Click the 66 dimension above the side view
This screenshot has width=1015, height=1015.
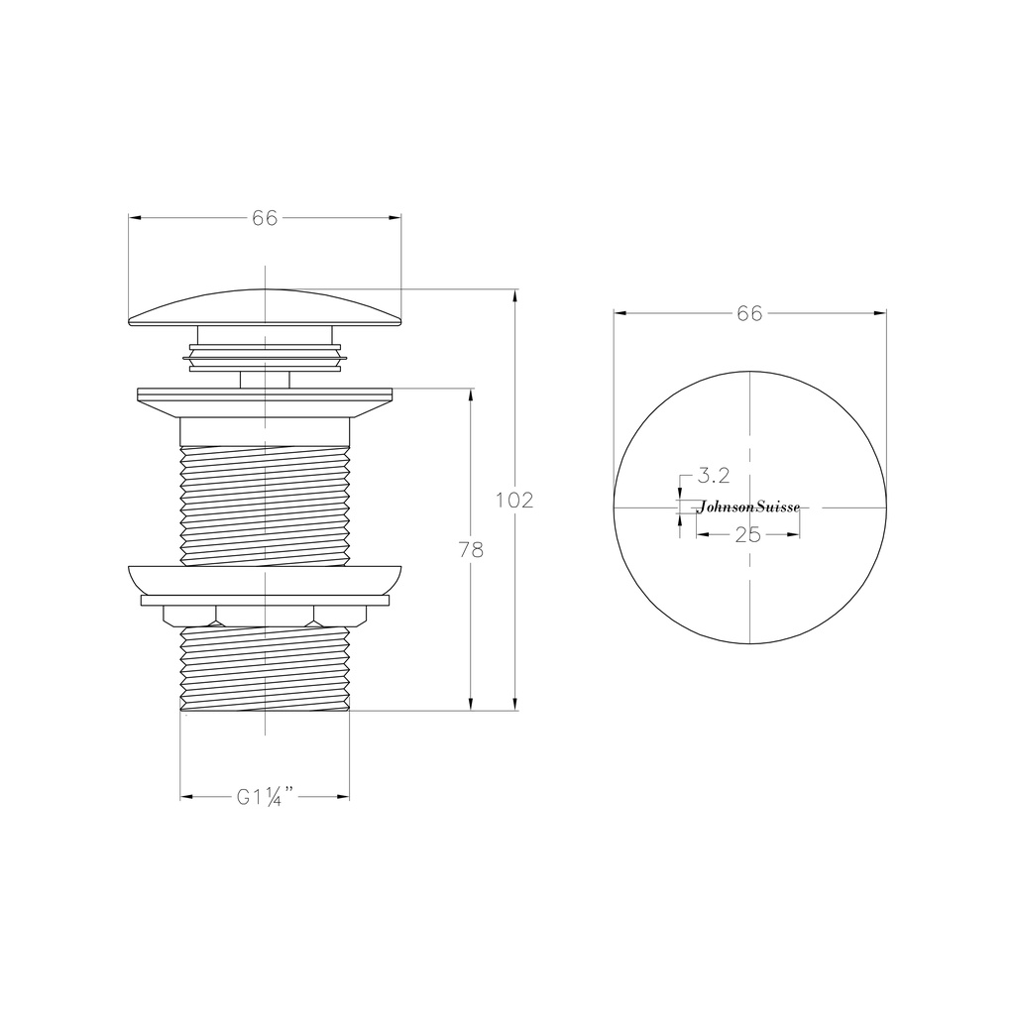tap(265, 218)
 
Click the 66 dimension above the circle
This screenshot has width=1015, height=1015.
tap(749, 313)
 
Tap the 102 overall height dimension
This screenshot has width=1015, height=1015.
tap(514, 501)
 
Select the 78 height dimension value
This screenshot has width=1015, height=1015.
tap(471, 549)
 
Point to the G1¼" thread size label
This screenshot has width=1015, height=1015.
tap(265, 797)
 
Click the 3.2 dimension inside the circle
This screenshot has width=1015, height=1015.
tap(714, 476)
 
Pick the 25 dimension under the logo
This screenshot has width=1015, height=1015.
tap(748, 535)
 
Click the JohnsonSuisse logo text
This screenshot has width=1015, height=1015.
tap(748, 507)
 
